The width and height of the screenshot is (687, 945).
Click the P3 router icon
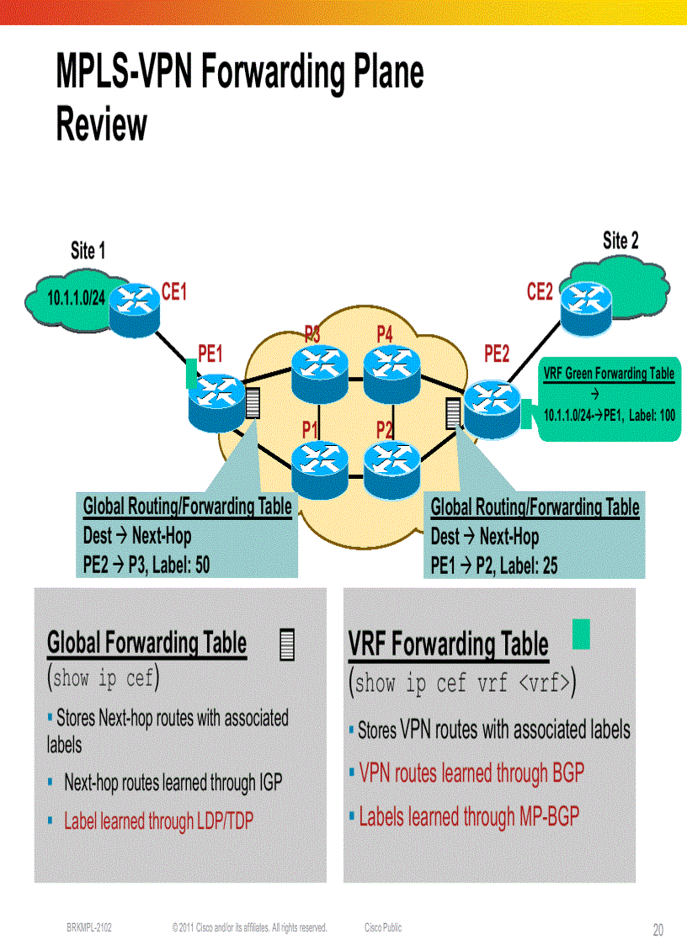click(x=320, y=371)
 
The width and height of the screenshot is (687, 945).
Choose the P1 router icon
click(x=320, y=466)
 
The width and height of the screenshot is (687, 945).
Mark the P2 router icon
click(x=391, y=466)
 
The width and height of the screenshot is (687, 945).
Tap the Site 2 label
click(x=620, y=241)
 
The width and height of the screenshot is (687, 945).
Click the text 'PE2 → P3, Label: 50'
click(x=146, y=565)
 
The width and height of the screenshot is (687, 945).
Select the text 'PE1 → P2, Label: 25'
click(x=494, y=565)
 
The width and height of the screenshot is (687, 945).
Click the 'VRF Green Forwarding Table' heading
click(x=609, y=374)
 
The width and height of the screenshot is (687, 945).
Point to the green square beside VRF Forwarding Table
click(x=581, y=633)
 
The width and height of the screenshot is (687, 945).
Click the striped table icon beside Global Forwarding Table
click(x=287, y=645)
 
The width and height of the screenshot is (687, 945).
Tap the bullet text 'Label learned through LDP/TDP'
click(x=158, y=820)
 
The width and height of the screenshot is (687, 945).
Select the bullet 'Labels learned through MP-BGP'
click(x=469, y=816)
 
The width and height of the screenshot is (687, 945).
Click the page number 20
click(x=658, y=930)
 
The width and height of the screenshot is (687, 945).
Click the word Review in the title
click(x=101, y=125)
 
